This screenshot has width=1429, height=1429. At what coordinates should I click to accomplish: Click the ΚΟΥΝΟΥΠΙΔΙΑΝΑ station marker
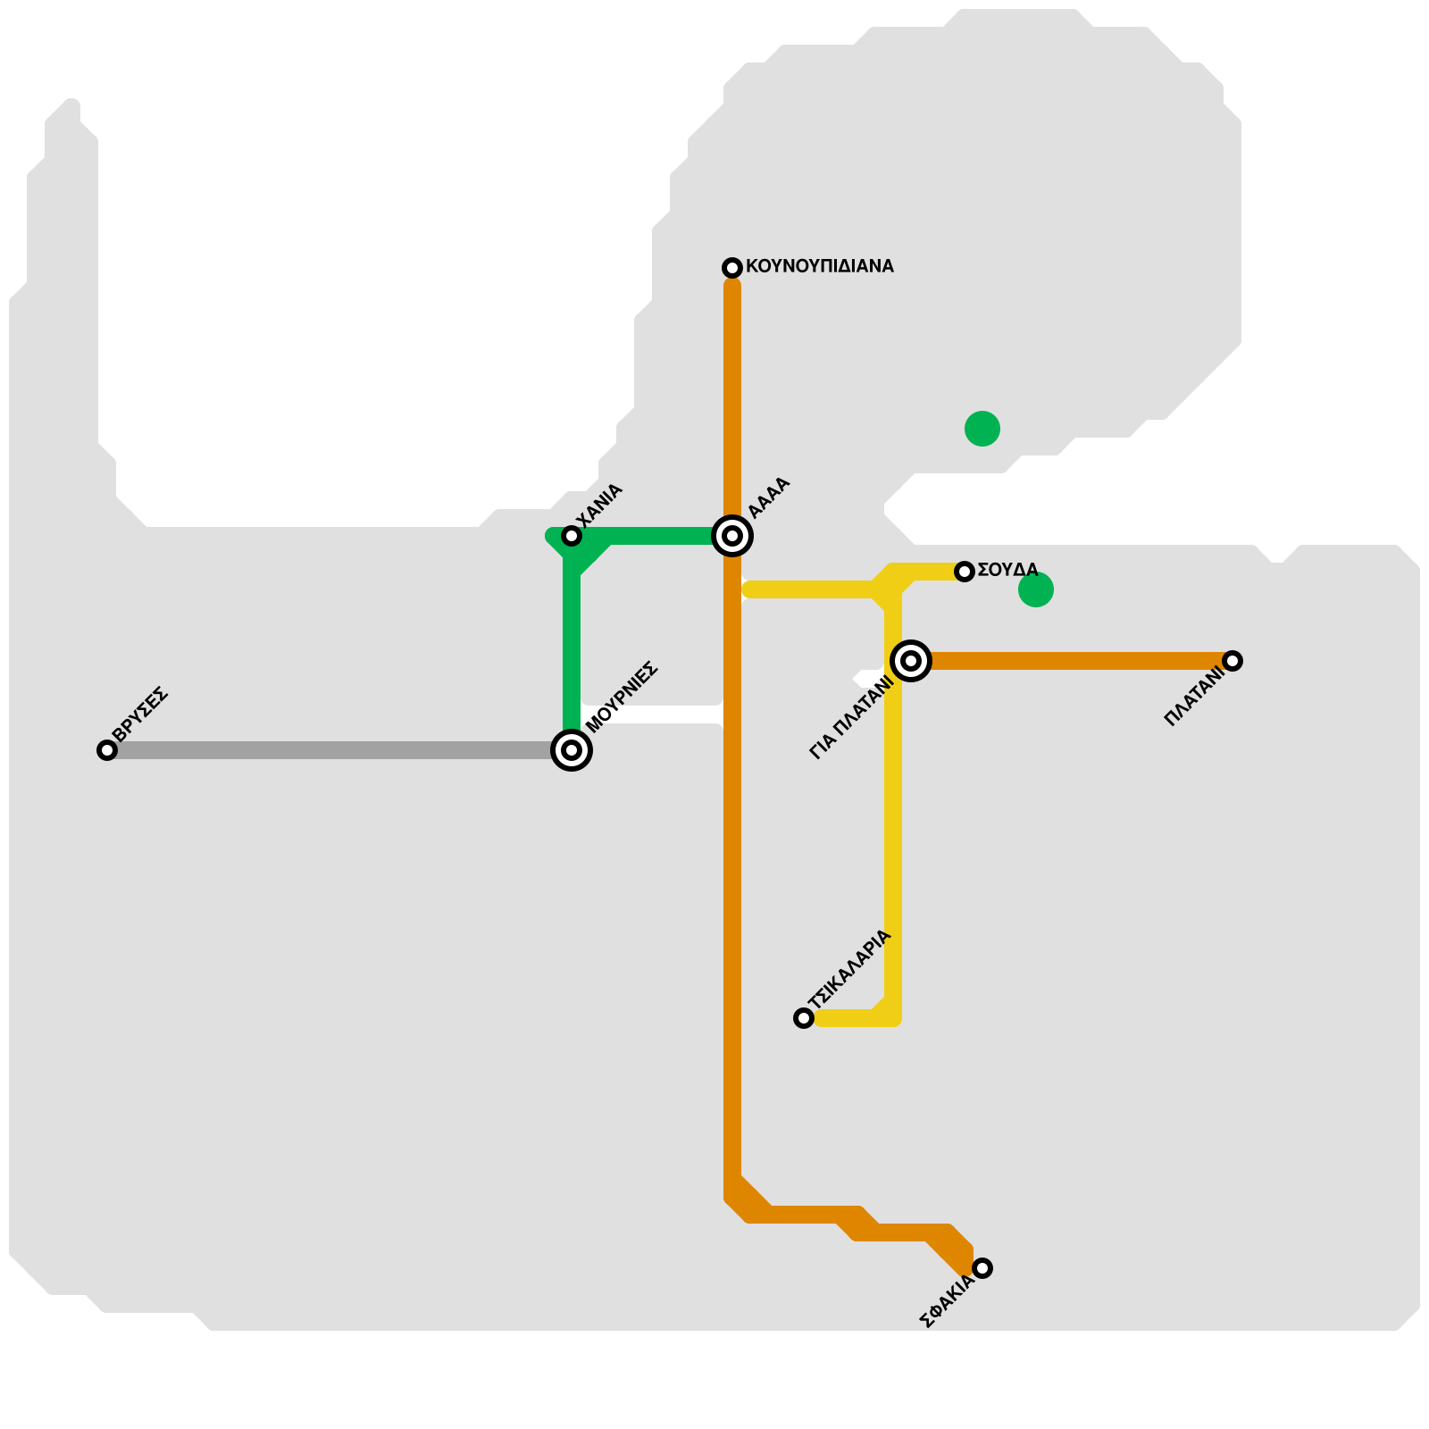(x=732, y=268)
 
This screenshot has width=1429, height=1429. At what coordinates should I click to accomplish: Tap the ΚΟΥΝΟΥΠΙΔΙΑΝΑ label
(x=819, y=266)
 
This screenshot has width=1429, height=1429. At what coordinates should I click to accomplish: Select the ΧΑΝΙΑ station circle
(x=572, y=536)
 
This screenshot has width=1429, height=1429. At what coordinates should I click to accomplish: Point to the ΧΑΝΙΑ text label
(x=599, y=506)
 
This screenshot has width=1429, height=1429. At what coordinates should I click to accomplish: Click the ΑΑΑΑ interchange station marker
(x=732, y=536)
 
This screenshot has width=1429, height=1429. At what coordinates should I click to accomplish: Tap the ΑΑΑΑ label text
(x=769, y=497)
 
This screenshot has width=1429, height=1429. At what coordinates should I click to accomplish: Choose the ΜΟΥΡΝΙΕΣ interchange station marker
(x=572, y=750)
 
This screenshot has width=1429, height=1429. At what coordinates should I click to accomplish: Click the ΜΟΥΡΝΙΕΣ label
(x=623, y=697)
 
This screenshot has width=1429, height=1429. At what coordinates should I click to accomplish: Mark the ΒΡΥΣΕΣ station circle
(x=107, y=750)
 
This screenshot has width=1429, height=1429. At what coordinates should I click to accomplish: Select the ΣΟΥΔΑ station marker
(x=965, y=572)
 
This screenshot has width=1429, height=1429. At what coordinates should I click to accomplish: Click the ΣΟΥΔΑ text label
(x=1007, y=570)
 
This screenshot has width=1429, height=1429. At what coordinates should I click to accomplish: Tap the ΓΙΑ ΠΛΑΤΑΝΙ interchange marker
(x=911, y=661)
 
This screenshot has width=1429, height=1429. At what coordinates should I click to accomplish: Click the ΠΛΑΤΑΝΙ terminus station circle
(x=1233, y=661)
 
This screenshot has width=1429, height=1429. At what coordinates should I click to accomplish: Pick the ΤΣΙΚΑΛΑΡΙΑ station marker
(x=804, y=1018)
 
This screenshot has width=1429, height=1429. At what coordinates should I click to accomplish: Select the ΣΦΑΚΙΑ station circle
(x=982, y=1268)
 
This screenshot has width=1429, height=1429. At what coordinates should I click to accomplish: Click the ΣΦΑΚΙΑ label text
(x=947, y=1302)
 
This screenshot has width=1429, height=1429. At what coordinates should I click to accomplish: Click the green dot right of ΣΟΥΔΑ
(x=1036, y=589)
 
